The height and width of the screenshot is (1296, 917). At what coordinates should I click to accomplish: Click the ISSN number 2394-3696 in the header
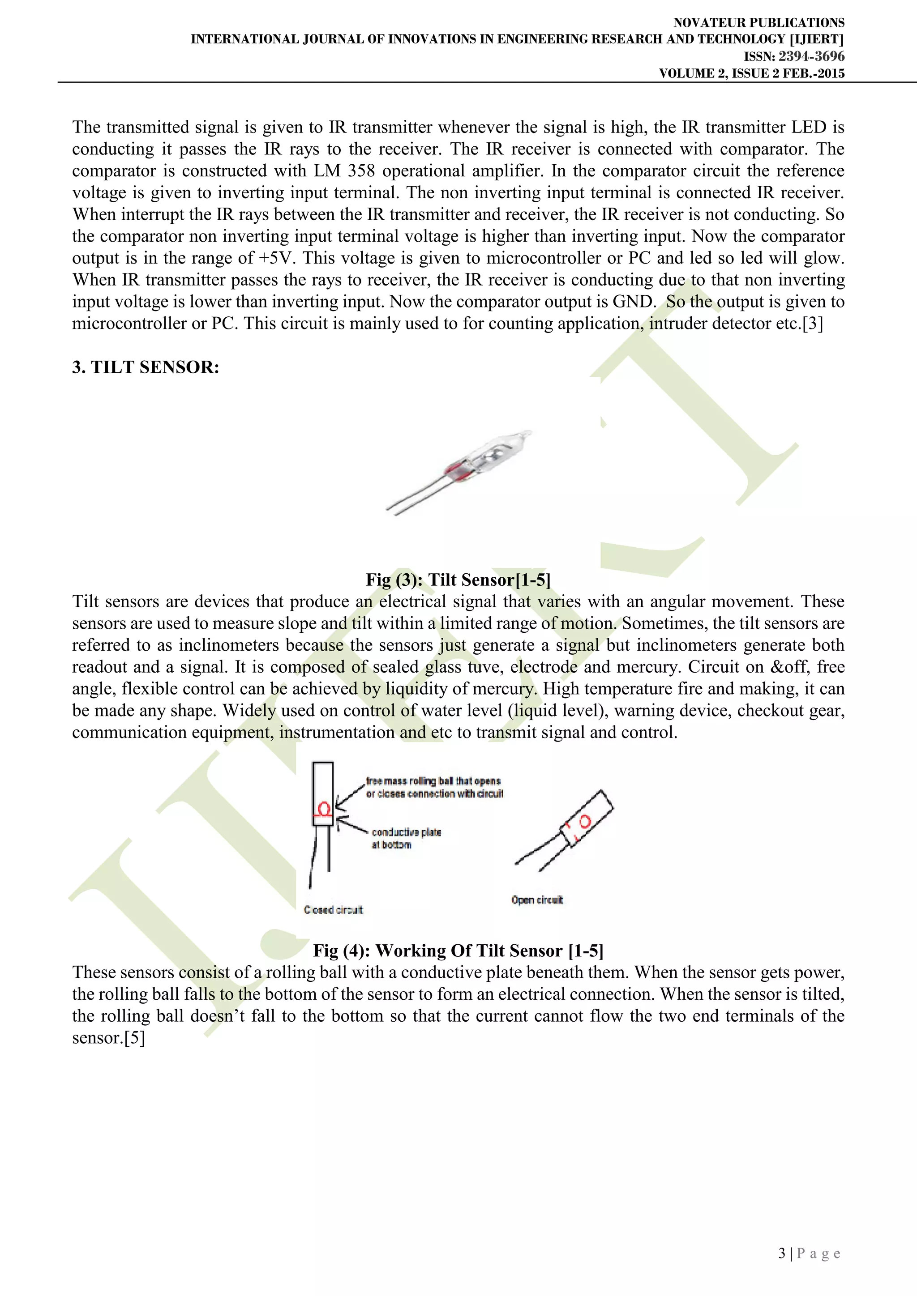(x=811, y=56)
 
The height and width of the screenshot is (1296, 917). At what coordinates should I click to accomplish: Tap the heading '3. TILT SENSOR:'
(x=146, y=367)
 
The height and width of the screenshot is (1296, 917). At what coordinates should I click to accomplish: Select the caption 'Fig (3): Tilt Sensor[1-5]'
(x=458, y=580)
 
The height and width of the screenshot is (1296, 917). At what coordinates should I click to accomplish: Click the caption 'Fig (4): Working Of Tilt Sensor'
(x=458, y=951)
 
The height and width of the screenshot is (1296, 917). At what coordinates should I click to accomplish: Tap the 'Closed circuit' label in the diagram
(x=333, y=910)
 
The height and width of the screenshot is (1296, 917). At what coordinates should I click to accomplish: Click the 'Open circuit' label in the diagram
(x=537, y=900)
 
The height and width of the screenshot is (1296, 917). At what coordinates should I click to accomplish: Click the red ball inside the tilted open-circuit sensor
(x=585, y=821)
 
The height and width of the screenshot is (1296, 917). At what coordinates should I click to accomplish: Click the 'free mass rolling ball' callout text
(x=434, y=787)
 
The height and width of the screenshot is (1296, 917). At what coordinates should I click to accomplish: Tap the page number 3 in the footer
(x=782, y=1253)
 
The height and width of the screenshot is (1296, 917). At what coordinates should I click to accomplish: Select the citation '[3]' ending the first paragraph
(x=813, y=324)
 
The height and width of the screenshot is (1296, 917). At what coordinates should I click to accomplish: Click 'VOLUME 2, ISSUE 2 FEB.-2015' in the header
(x=752, y=73)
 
